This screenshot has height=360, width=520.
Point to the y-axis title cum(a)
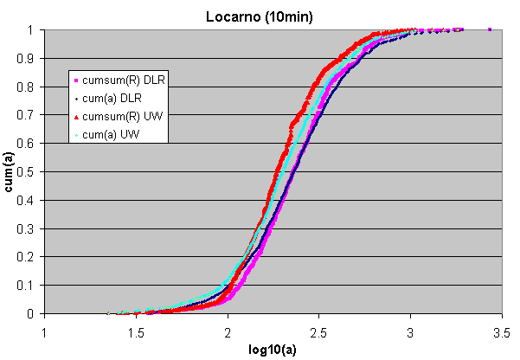[x=10, y=170]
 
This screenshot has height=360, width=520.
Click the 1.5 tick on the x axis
[x=135, y=330]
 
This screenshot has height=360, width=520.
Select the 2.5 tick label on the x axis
[x=318, y=330]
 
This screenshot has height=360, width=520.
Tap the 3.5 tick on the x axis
[x=501, y=330]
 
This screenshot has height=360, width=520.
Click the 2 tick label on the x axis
[x=227, y=330]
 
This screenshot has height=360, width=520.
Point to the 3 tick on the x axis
[x=410, y=330]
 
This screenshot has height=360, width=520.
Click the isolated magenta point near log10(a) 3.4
[x=490, y=29]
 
